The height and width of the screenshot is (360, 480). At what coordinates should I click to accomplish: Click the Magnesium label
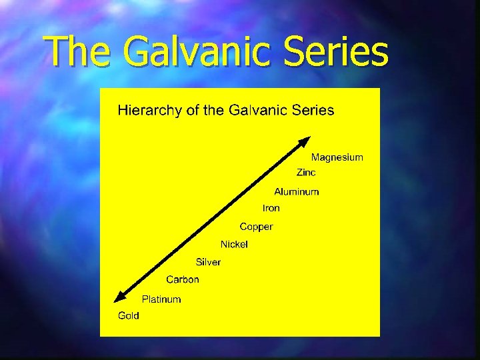pyautogui.click(x=337, y=157)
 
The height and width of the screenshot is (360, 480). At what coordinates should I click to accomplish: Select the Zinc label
pyautogui.click(x=306, y=172)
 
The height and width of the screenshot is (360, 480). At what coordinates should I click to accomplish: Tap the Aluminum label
pyautogui.click(x=297, y=191)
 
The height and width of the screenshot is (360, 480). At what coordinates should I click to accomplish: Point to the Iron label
pyautogui.click(x=271, y=208)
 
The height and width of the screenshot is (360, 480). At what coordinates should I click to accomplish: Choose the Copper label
pyautogui.click(x=256, y=227)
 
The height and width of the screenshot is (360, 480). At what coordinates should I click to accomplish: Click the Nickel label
pyautogui.click(x=234, y=244)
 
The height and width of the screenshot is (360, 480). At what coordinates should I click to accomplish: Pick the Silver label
pyautogui.click(x=208, y=262)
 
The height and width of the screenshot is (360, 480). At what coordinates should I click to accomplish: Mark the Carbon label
pyautogui.click(x=182, y=279)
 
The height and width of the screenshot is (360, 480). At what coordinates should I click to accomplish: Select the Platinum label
pyautogui.click(x=161, y=299)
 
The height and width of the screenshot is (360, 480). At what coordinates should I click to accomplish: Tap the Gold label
pyautogui.click(x=129, y=315)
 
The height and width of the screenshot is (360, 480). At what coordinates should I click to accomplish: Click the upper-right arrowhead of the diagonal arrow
pyautogui.click(x=305, y=141)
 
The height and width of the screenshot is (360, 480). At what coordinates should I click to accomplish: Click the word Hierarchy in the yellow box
pyautogui.click(x=151, y=111)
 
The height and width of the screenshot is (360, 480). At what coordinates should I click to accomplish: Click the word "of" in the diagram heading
pyautogui.click(x=193, y=110)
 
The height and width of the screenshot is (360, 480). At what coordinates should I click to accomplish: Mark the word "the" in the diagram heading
pyautogui.click(x=214, y=110)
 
